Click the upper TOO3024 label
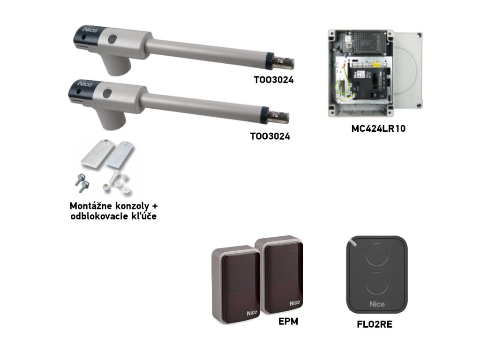(273, 80)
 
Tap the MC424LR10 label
(378, 128)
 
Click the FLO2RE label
(375, 324)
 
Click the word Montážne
(94, 206)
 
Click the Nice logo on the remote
(376, 304)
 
